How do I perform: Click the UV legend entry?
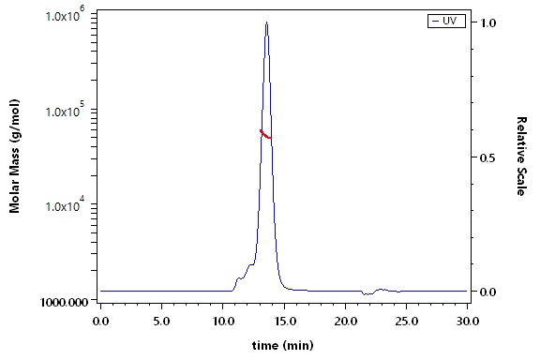pyautogui.click(x=446, y=21)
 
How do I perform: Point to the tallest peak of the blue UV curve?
pyautogui.click(x=266, y=22)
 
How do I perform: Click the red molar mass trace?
pyautogui.click(x=265, y=135)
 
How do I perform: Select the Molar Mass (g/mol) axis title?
pyautogui.click(x=14, y=156)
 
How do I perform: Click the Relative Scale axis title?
pyautogui.click(x=522, y=156)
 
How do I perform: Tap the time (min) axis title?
pyautogui.click(x=283, y=345)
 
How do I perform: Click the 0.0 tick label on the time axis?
pyautogui.click(x=100, y=321)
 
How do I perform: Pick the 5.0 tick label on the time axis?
pyautogui.click(x=161, y=321)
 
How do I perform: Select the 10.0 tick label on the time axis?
pyautogui.click(x=222, y=321)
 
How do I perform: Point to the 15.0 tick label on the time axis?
pyautogui.click(x=284, y=321)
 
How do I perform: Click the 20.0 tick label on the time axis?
pyautogui.click(x=345, y=321)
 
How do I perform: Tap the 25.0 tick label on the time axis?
pyautogui.click(x=406, y=321)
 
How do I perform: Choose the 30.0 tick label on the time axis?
pyautogui.click(x=467, y=321)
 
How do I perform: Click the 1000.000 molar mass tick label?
pyautogui.click(x=65, y=303)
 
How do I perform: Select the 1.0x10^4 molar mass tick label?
pyautogui.click(x=65, y=204)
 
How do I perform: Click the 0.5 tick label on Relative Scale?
pyautogui.click(x=487, y=157)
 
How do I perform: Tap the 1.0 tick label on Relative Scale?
pyautogui.click(x=488, y=22)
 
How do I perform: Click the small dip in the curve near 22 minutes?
pyautogui.click(x=367, y=293)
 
